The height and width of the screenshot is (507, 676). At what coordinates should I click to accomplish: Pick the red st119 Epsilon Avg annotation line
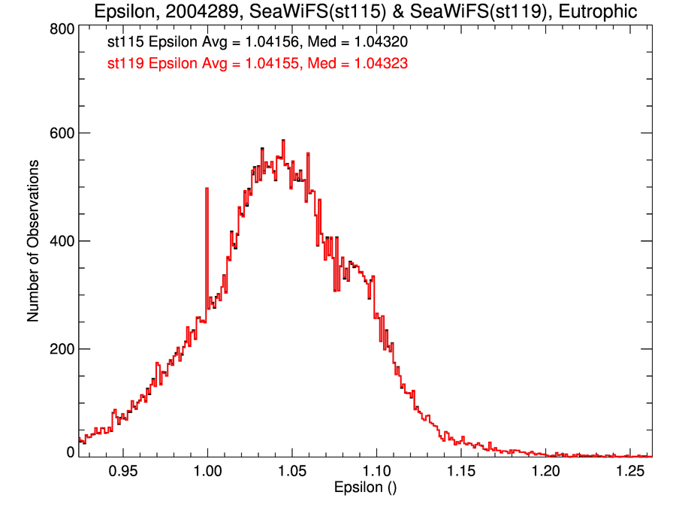(258, 64)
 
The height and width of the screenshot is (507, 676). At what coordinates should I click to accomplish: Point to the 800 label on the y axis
(62, 29)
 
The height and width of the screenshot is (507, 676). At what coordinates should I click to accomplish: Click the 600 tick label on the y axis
(62, 133)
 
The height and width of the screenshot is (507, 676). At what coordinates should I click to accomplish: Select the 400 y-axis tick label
(62, 241)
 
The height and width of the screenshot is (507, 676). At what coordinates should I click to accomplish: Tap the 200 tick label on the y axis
(62, 349)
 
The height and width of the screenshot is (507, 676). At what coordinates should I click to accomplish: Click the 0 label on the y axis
(71, 452)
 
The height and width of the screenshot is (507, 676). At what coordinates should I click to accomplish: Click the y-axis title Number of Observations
(33, 241)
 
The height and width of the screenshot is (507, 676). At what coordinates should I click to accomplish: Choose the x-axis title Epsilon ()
(365, 488)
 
